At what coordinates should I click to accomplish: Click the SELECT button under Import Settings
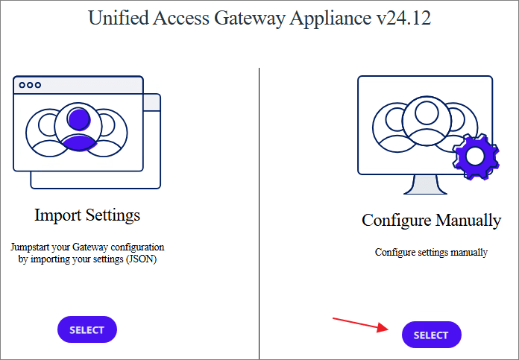click(x=87, y=329)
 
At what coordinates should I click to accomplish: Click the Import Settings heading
click(x=87, y=215)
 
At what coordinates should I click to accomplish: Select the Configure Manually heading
click(x=431, y=220)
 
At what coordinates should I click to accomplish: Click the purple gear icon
click(x=476, y=157)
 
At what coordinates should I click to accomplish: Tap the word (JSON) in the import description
click(x=142, y=259)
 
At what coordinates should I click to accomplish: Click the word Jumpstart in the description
click(x=34, y=247)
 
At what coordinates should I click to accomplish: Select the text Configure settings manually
click(x=431, y=252)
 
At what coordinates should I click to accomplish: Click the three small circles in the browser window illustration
click(x=30, y=85)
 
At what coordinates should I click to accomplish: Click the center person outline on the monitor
click(x=426, y=119)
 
